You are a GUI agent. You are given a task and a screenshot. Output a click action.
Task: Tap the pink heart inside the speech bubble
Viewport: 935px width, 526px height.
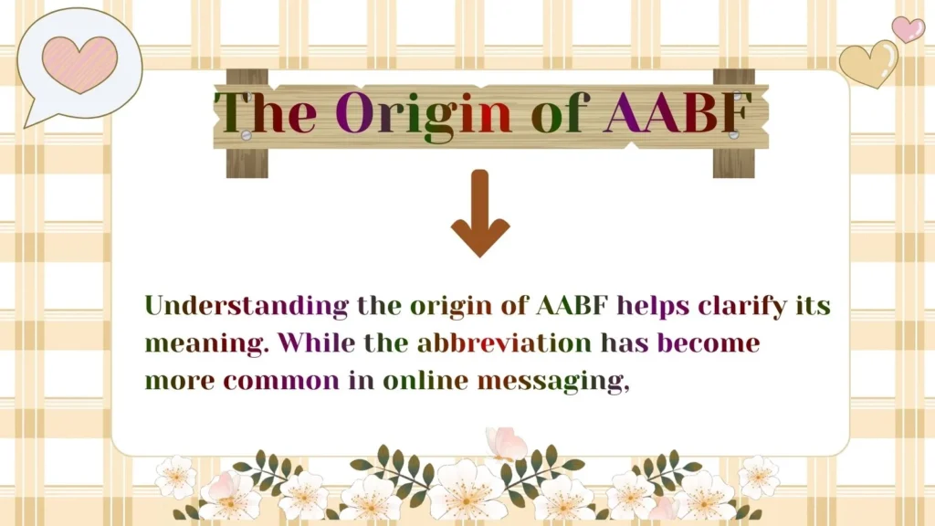[x=79, y=62]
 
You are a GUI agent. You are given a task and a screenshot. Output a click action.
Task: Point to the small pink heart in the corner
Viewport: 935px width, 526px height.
[x=908, y=29]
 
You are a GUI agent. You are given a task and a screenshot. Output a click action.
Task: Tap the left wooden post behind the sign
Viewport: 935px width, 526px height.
[x=247, y=161]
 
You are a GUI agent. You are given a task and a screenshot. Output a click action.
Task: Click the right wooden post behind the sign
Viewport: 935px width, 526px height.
[x=734, y=161]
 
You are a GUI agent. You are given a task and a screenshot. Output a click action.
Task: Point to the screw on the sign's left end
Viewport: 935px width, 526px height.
[x=246, y=135]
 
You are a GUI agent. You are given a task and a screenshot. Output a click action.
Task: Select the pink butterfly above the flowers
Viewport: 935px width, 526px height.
[x=508, y=444]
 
